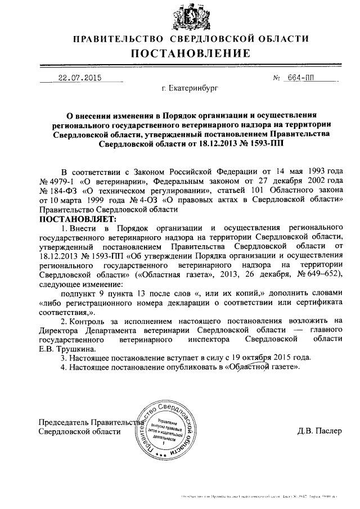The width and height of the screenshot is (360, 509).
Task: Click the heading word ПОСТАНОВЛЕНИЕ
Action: click(190, 54)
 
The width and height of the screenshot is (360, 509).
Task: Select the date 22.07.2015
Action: click(76, 78)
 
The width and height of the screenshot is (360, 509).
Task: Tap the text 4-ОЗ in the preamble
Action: click(149, 200)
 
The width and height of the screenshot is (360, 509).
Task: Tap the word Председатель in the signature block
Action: click(62, 422)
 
